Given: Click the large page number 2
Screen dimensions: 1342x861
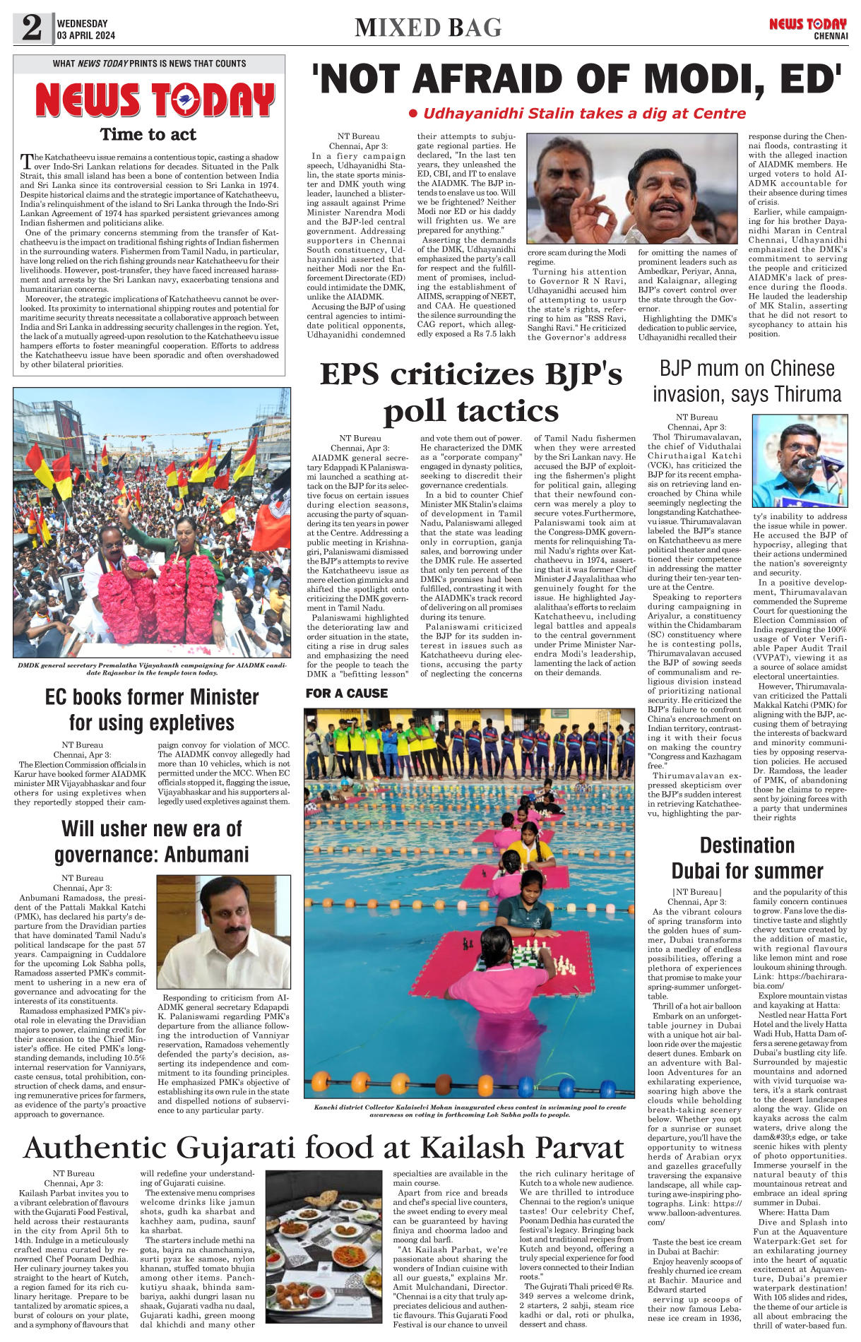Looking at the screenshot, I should tap(32, 28).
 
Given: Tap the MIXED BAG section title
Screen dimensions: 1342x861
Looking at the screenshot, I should tap(428, 28).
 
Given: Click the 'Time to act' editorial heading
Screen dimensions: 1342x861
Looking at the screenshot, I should tap(148, 134).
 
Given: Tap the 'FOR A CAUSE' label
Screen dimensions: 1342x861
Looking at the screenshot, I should tap(347, 694).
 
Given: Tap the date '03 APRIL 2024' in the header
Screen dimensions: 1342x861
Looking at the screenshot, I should tap(86, 35).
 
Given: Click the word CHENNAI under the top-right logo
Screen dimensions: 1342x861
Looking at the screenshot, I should tap(831, 36).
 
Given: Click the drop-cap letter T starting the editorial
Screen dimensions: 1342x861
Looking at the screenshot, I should tap(27, 160).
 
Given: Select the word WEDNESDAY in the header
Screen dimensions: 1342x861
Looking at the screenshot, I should tap(83, 23).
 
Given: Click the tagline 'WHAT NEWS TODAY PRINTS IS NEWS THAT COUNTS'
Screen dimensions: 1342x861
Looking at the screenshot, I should tap(149, 64).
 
